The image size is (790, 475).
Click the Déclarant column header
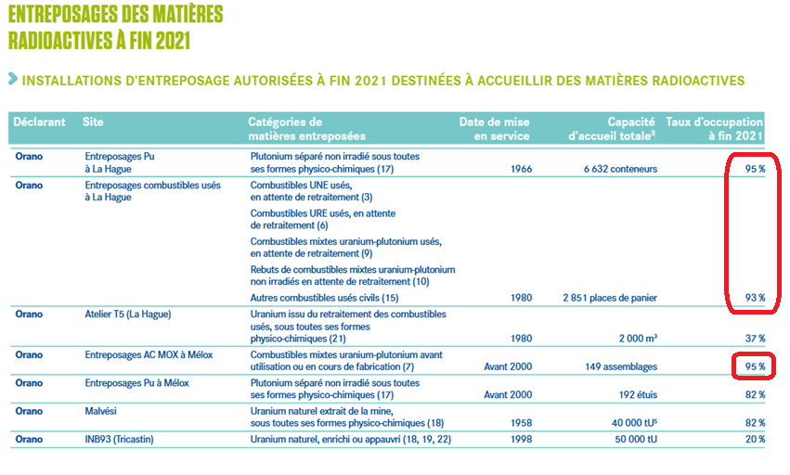[x=40, y=122]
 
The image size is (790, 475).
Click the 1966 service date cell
[x=521, y=169]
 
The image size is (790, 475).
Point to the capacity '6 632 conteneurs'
[x=621, y=169]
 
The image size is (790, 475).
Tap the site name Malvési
[x=103, y=411]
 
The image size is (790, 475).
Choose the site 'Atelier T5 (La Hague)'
[x=128, y=314]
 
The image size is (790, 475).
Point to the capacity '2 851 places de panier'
[x=610, y=298]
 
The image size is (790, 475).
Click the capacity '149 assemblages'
[x=623, y=366]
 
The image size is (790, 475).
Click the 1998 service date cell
[x=521, y=439]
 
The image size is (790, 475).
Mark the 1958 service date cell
[x=521, y=423]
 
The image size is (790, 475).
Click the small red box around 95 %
[x=752, y=366]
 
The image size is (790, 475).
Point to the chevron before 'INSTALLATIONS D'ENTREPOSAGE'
[x=11, y=81]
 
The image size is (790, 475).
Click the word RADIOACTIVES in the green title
[x=56, y=40]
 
